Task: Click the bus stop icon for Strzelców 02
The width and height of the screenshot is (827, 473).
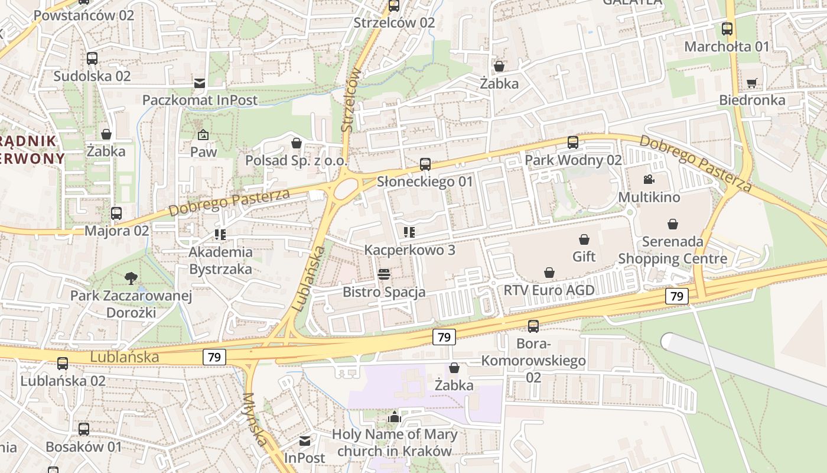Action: (x=394, y=6)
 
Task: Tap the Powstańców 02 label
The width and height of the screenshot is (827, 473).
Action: (x=84, y=15)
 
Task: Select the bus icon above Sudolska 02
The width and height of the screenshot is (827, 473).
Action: (x=92, y=59)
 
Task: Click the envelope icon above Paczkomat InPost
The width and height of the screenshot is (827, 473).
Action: (x=200, y=83)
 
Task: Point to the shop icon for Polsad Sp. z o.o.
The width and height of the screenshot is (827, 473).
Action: (x=297, y=143)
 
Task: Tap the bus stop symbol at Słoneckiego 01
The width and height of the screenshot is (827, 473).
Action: (x=425, y=164)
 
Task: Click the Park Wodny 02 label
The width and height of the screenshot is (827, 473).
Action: (x=573, y=160)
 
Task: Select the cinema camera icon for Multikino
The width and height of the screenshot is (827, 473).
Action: (x=649, y=180)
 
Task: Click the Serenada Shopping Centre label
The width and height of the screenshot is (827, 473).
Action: (x=672, y=250)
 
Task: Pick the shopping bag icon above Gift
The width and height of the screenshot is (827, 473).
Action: (x=584, y=239)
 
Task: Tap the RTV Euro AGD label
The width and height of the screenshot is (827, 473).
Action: (x=549, y=290)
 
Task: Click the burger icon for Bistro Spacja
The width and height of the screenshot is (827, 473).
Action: (x=384, y=274)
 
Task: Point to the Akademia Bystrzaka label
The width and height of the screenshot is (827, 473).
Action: (x=220, y=260)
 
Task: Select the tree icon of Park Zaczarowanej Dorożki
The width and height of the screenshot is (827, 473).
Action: (x=131, y=278)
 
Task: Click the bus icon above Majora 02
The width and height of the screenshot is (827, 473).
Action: (x=116, y=213)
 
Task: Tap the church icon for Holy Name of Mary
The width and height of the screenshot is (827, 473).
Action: (x=395, y=417)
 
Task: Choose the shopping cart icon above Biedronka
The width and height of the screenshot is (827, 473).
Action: (x=751, y=83)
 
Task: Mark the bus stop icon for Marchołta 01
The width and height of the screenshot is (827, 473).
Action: (x=727, y=29)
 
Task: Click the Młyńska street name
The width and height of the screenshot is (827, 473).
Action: (x=255, y=420)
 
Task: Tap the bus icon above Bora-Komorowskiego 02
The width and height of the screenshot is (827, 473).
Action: (x=533, y=326)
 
